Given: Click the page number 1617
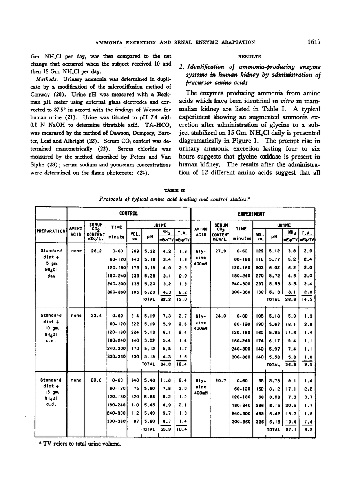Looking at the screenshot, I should pos(314,42).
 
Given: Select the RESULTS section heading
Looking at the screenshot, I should pos(247,56).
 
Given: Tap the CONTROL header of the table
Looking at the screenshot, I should pos(128,214).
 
